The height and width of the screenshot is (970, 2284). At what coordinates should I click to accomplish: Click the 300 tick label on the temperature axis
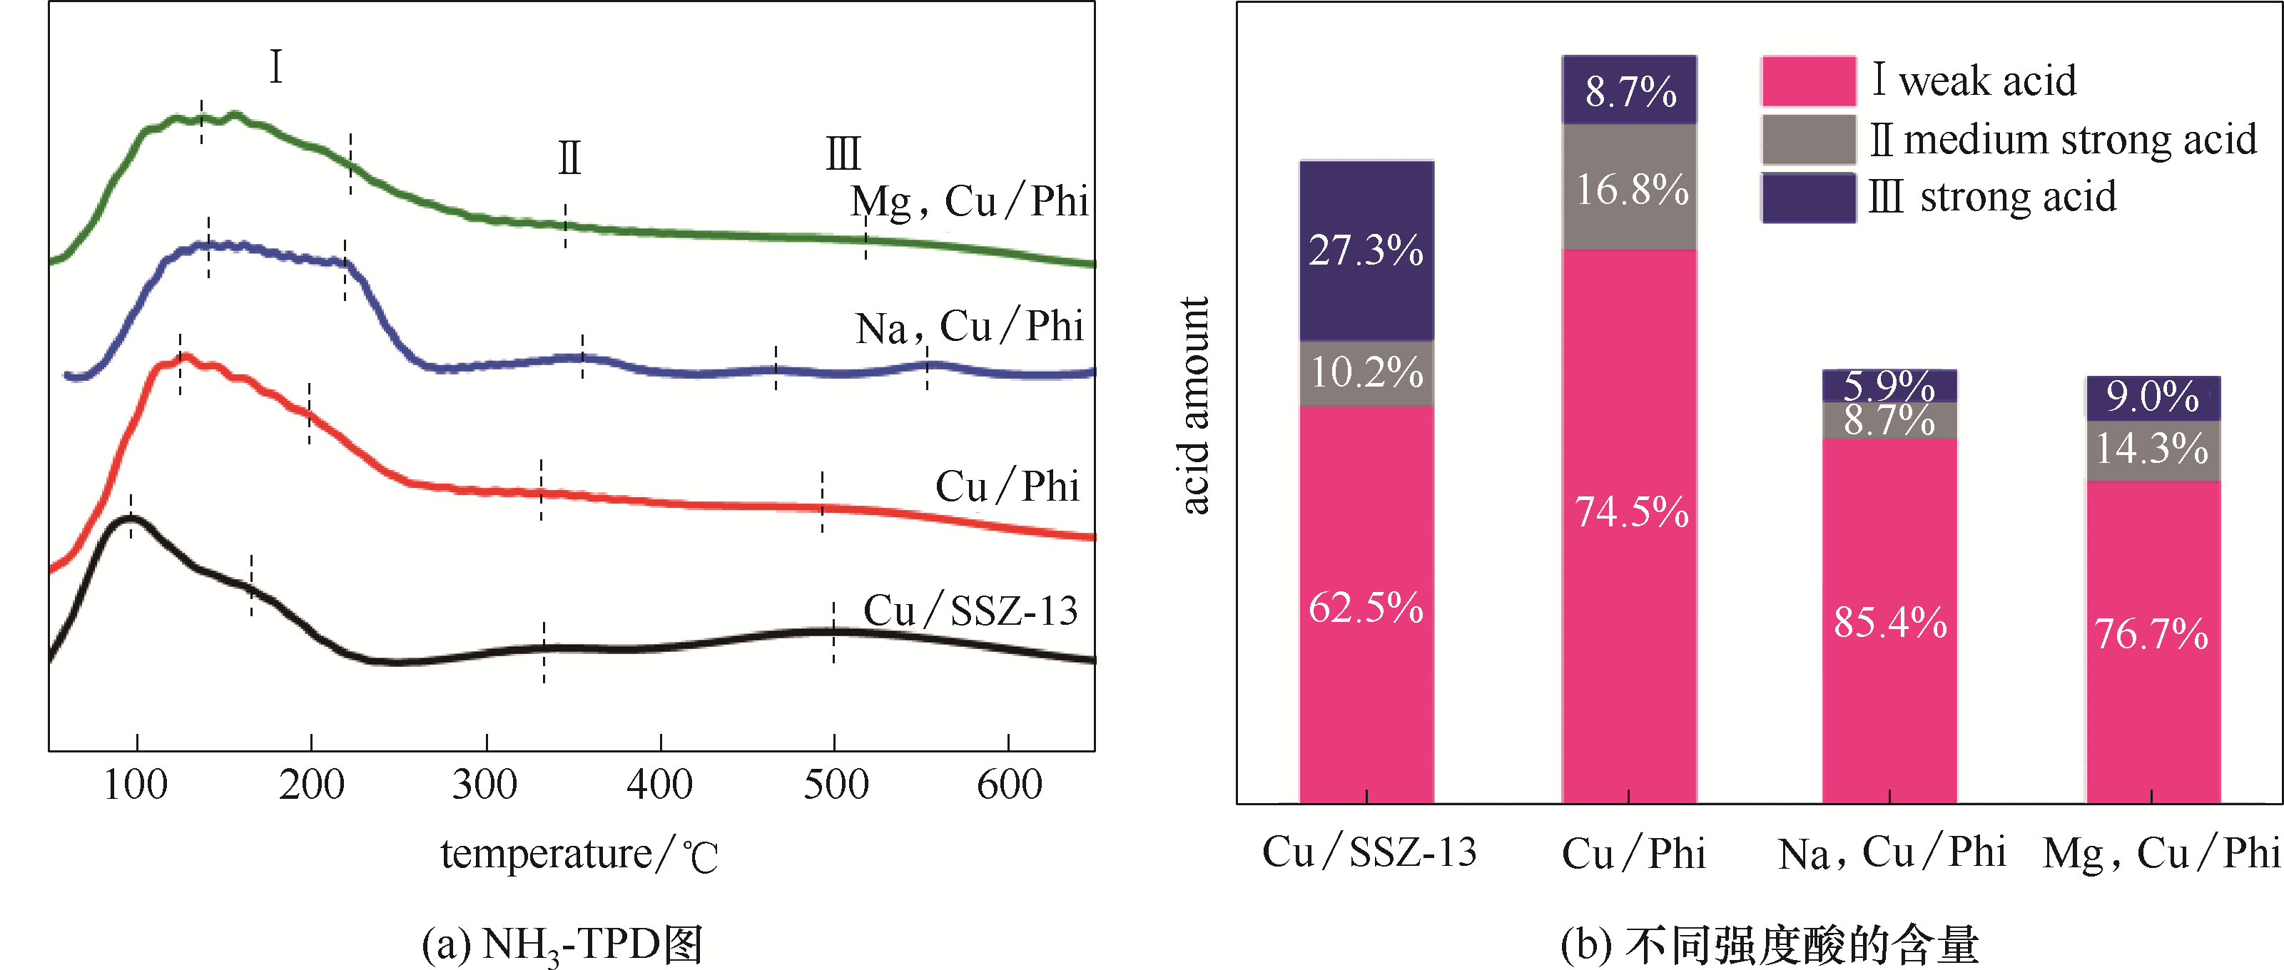485,785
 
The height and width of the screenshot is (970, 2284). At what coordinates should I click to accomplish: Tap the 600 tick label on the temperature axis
1009,785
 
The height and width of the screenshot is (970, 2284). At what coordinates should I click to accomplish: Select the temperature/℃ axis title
579,854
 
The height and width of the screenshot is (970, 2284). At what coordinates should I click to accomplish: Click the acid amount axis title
1194,405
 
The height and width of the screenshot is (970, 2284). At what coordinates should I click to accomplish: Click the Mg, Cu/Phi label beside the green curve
968,202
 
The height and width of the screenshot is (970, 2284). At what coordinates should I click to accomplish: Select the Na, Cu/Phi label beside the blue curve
969,327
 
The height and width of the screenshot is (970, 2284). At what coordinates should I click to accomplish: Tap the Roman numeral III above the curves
843,153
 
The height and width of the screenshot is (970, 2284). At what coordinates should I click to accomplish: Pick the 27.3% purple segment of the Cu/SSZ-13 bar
1366,251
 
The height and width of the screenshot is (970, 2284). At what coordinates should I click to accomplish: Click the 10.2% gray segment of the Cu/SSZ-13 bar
1366,373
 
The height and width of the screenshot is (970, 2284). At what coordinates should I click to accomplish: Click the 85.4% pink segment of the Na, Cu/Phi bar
1889,621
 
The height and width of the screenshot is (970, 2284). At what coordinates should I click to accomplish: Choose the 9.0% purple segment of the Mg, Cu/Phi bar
2153,398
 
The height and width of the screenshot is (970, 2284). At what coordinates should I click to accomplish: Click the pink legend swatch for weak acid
1808,81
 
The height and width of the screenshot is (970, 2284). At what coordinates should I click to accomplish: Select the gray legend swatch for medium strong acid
1808,139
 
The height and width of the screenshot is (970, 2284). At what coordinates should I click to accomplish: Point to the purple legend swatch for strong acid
1808,198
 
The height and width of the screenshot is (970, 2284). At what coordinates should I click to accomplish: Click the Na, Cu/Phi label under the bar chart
1892,853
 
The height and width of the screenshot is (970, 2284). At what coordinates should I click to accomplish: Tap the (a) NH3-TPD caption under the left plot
562,944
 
